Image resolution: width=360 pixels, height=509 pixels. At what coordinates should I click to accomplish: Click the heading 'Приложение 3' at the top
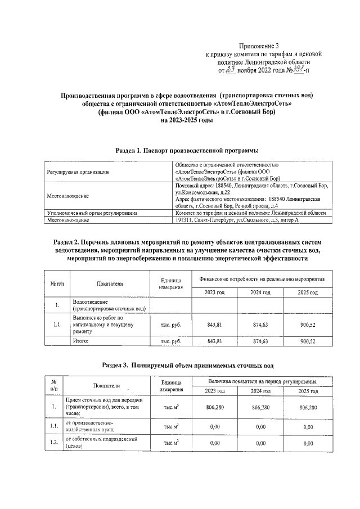(259, 46)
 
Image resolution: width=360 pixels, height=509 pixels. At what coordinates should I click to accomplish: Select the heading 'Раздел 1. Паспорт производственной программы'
(187, 151)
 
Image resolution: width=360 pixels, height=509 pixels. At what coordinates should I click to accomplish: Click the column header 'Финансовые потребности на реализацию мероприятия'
(262, 279)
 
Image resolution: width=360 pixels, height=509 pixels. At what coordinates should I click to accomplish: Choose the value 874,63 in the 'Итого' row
(260, 341)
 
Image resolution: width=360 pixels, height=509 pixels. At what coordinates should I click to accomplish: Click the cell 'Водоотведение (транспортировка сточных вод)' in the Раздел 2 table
(107, 305)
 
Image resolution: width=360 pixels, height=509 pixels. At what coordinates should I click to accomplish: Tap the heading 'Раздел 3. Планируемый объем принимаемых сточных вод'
(187, 365)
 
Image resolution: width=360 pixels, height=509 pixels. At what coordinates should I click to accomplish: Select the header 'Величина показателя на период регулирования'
(262, 382)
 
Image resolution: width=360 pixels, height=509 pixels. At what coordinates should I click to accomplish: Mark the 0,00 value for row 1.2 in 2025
(308, 443)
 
